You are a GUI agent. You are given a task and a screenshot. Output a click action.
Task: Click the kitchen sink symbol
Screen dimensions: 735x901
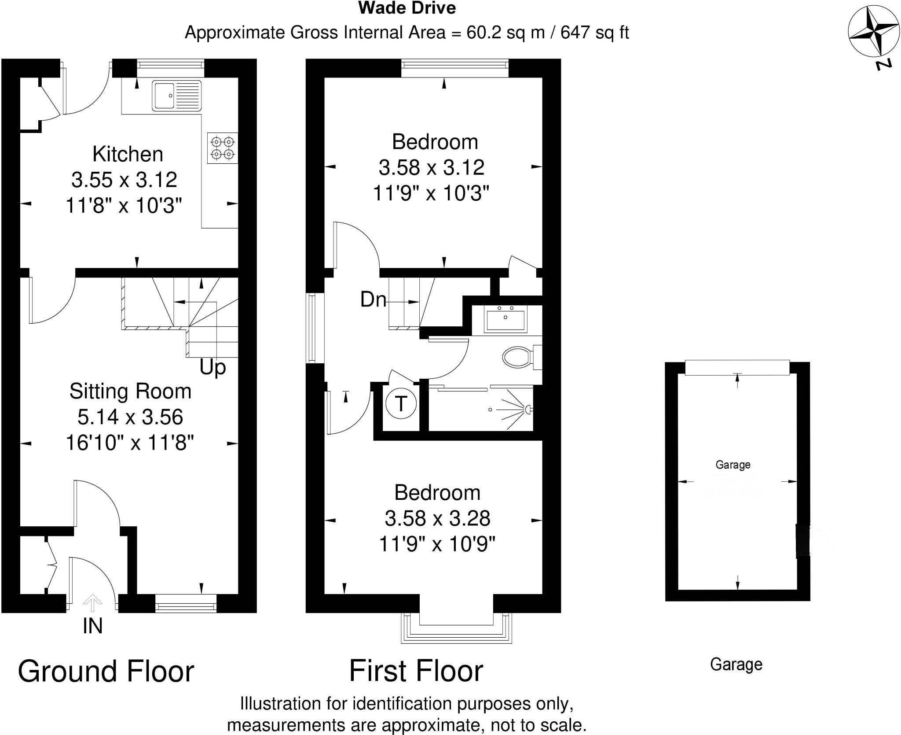pyautogui.click(x=176, y=95)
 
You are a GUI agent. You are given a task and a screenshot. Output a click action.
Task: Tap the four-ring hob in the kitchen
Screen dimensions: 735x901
pyautogui.click(x=223, y=148)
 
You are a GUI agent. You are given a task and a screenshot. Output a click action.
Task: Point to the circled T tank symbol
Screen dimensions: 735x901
pyautogui.click(x=400, y=403)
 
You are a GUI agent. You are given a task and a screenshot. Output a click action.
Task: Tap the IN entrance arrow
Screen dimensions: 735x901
pyautogui.click(x=92, y=604)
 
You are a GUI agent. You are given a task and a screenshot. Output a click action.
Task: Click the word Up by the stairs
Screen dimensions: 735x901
pyautogui.click(x=212, y=367)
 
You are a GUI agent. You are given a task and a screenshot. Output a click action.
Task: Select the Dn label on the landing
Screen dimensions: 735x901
pyautogui.click(x=373, y=300)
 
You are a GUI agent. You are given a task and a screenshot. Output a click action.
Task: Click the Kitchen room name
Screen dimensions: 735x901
pyautogui.click(x=128, y=154)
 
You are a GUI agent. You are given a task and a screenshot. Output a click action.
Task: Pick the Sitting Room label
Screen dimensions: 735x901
pyautogui.click(x=130, y=391)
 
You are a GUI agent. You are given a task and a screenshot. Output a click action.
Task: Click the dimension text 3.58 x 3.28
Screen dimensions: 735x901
pyautogui.click(x=437, y=518)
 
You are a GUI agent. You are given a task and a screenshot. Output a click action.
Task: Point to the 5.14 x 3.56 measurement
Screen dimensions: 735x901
pyautogui.click(x=130, y=417)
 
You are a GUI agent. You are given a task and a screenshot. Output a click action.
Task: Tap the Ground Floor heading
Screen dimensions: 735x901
pyautogui.click(x=106, y=672)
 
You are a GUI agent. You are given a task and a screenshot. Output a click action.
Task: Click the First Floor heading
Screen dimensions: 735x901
pyautogui.click(x=416, y=671)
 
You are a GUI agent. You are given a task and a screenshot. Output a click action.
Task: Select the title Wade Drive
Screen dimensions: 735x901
pyautogui.click(x=407, y=8)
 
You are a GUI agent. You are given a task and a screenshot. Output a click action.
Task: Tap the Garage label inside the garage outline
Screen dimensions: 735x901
pyautogui.click(x=733, y=465)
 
